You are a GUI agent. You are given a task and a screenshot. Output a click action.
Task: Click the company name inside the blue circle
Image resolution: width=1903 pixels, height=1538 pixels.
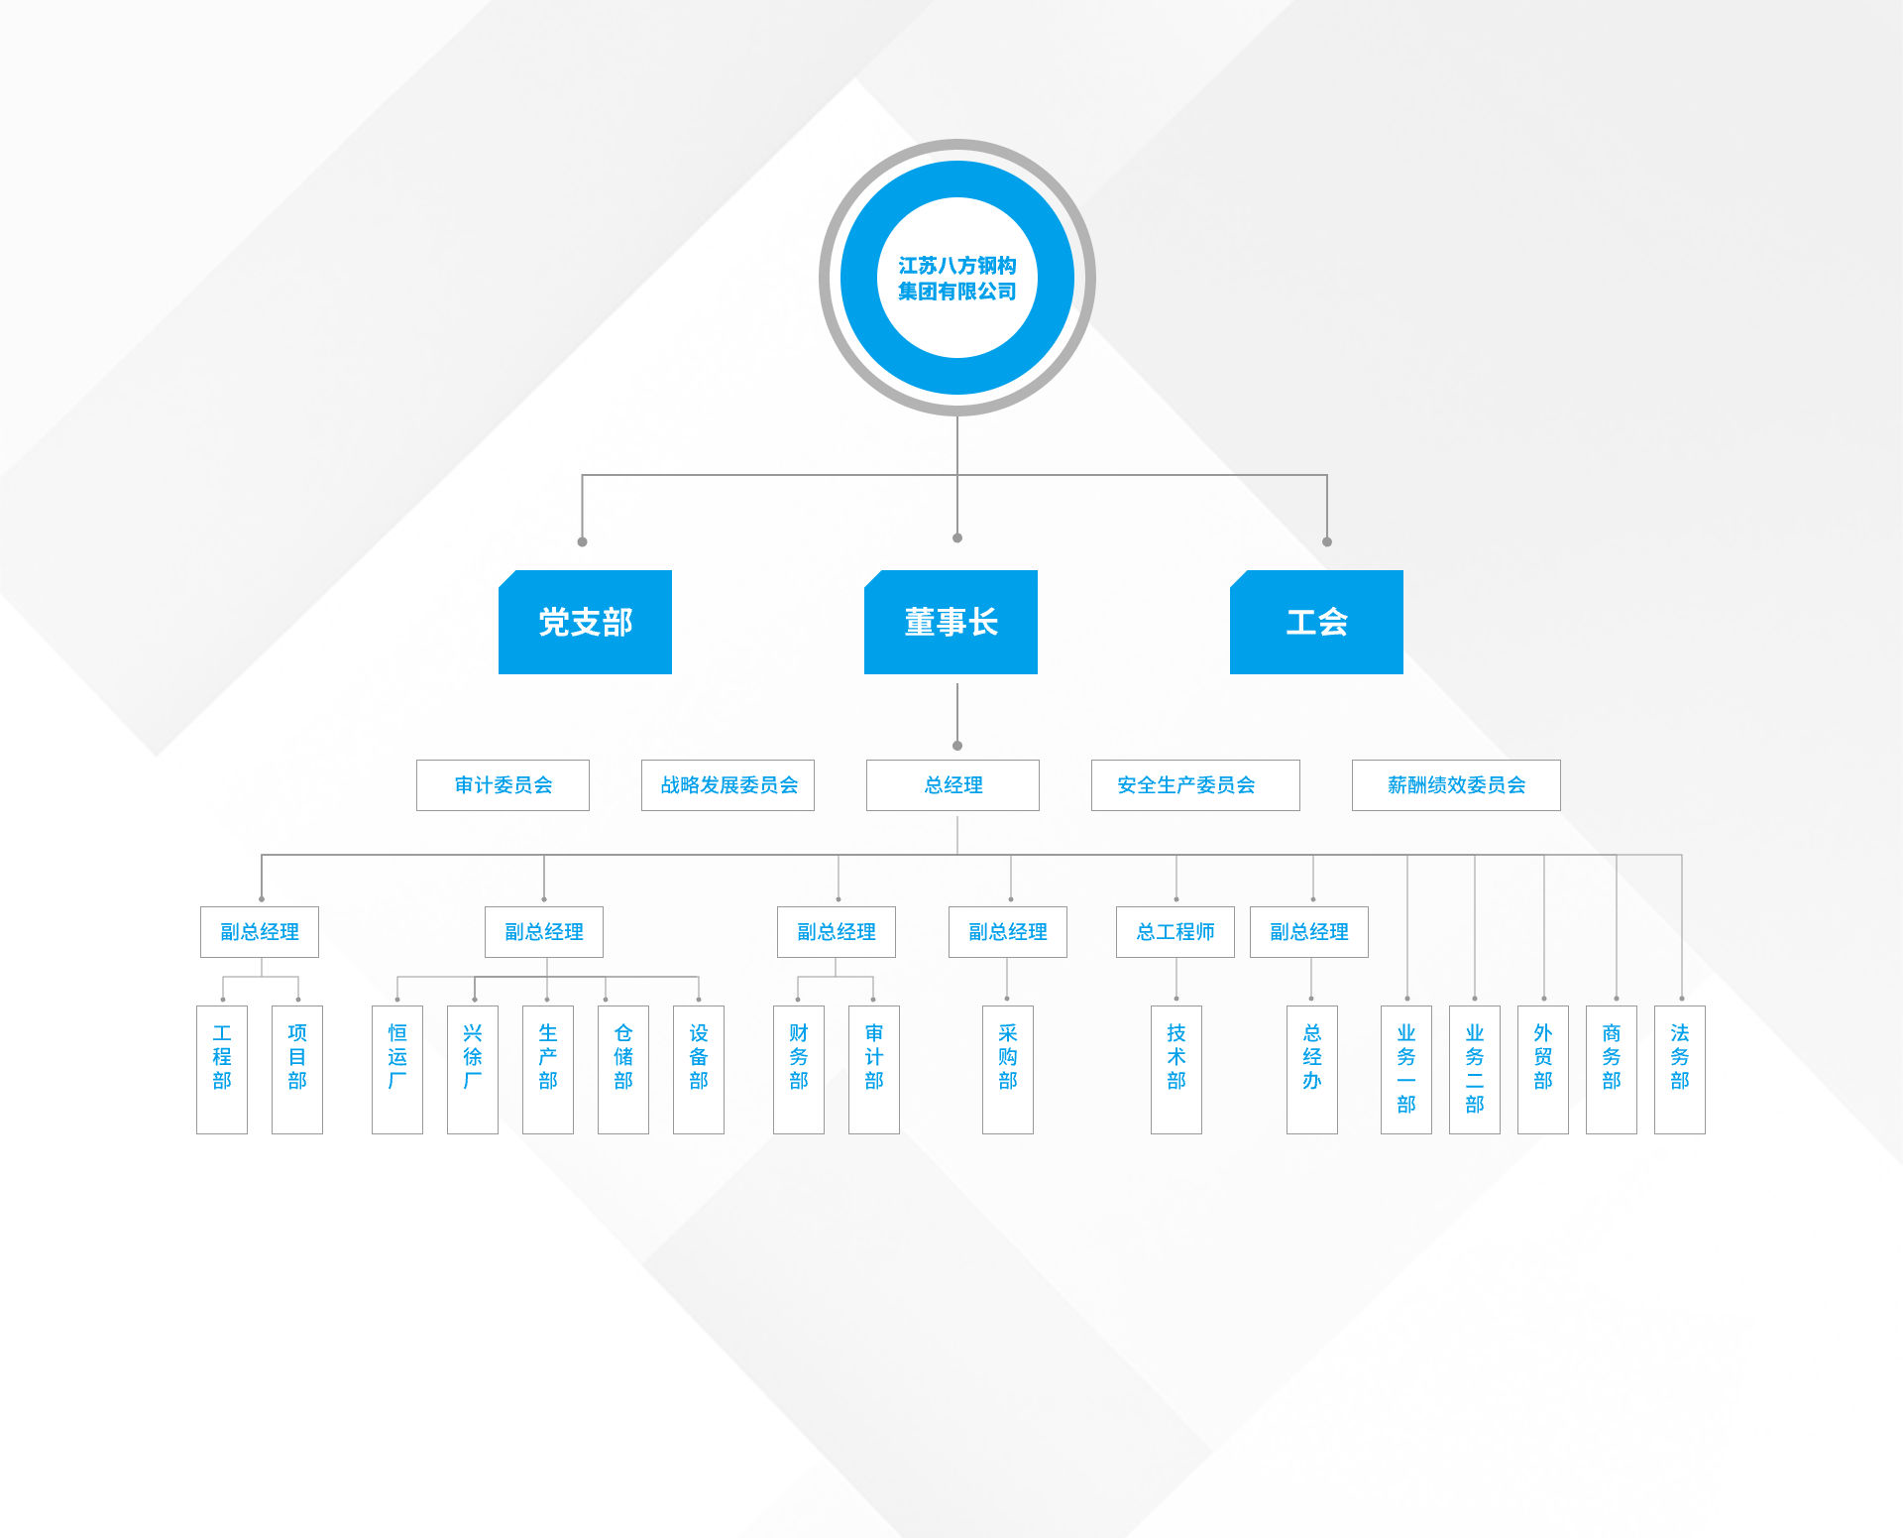(x=956, y=278)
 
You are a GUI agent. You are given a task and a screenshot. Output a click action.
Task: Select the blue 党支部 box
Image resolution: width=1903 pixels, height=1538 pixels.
(x=585, y=622)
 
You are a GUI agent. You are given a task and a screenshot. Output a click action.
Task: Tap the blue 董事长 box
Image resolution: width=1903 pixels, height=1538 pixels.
(x=951, y=622)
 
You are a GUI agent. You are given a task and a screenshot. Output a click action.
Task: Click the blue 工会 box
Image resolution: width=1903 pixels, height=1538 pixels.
(x=1316, y=622)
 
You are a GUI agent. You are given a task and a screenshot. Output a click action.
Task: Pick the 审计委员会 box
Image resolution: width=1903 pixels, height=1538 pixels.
(x=503, y=785)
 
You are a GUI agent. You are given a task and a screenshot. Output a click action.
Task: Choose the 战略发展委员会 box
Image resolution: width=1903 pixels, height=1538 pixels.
(x=728, y=785)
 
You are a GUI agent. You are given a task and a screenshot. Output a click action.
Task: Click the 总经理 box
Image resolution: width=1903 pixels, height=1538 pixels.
(x=952, y=785)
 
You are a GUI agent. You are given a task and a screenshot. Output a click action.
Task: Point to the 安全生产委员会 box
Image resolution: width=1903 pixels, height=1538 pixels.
(x=1195, y=785)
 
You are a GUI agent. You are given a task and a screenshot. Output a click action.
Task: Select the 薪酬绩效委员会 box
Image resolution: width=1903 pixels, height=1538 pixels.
(x=1456, y=785)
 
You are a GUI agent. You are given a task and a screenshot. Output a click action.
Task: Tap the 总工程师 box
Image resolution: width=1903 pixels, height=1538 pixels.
(x=1175, y=932)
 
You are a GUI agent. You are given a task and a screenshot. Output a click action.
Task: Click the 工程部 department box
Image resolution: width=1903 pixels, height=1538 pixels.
(x=222, y=1069)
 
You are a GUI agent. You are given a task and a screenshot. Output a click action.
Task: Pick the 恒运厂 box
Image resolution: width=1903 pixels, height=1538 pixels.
(x=397, y=1069)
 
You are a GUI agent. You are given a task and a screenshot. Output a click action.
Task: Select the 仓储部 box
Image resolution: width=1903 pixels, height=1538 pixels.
(x=623, y=1069)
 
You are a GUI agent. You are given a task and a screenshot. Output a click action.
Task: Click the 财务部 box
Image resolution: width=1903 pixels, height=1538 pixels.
(x=799, y=1069)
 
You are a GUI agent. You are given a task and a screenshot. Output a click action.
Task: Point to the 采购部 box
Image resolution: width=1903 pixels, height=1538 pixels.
(x=1008, y=1069)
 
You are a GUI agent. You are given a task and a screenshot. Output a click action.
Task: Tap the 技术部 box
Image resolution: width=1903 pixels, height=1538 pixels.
(x=1176, y=1069)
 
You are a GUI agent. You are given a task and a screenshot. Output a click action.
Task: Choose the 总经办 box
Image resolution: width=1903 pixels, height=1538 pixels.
(x=1312, y=1069)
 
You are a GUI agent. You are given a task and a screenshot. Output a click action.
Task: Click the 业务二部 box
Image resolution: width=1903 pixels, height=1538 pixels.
(x=1475, y=1069)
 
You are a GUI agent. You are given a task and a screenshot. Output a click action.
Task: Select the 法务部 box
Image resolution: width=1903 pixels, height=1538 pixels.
(x=1680, y=1069)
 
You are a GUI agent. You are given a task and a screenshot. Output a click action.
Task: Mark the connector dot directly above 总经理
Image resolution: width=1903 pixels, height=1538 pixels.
(x=957, y=746)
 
